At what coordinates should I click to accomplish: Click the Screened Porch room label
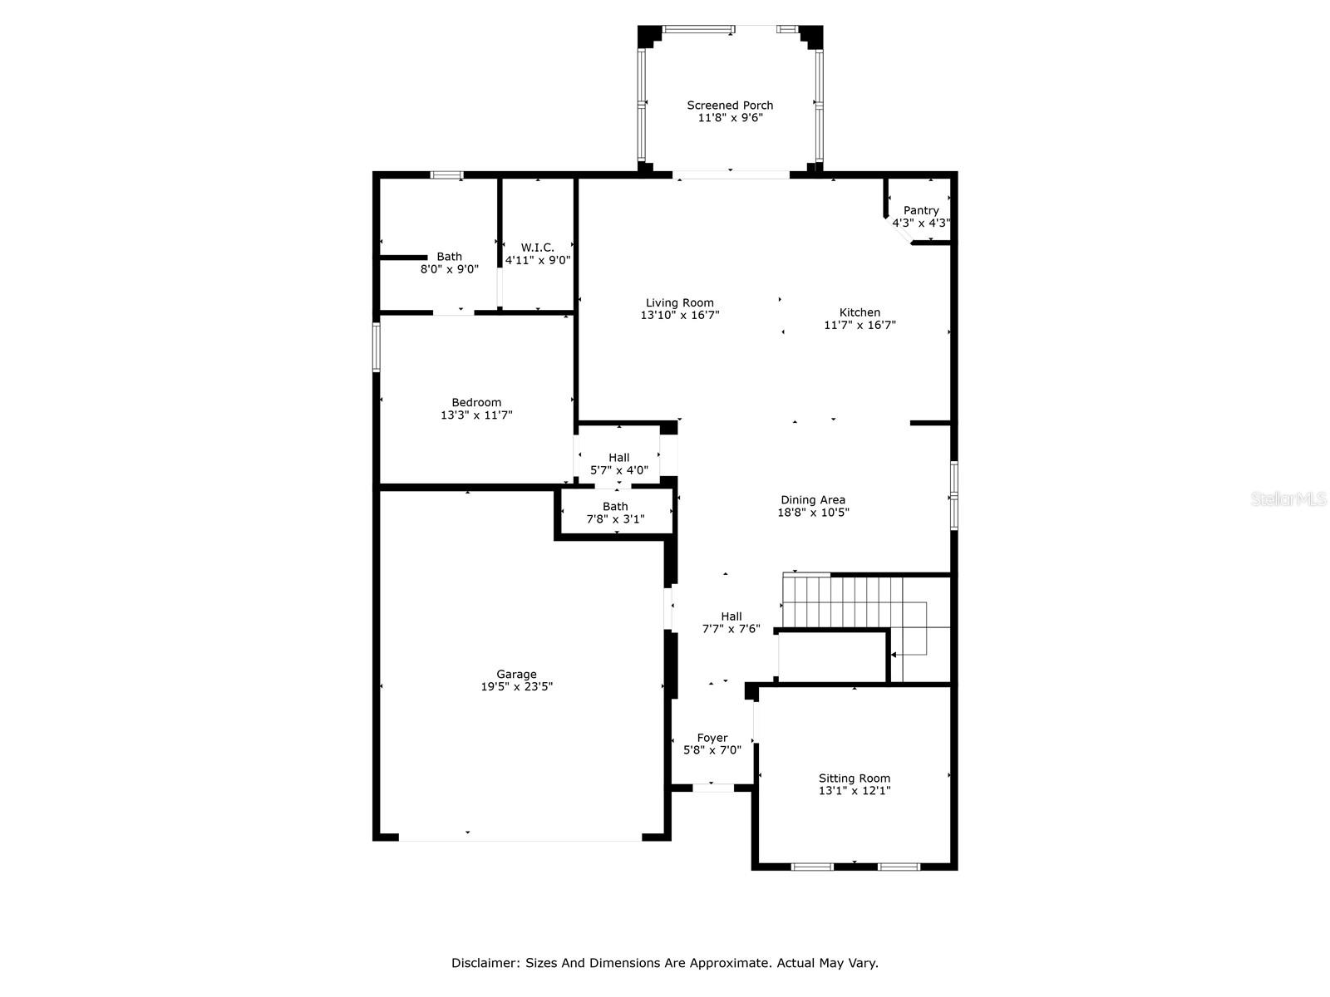click(x=730, y=106)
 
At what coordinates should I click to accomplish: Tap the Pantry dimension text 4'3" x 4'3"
click(x=921, y=223)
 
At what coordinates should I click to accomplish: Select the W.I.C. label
click(x=538, y=248)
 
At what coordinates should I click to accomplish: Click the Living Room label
click(x=680, y=303)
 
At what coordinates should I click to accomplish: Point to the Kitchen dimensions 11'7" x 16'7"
click(x=860, y=326)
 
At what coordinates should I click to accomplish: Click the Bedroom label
click(x=476, y=403)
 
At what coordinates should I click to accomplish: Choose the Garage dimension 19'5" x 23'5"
click(x=516, y=687)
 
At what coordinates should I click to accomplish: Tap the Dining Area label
click(x=813, y=500)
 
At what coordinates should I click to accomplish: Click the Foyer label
click(x=712, y=738)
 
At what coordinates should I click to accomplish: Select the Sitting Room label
click(x=854, y=778)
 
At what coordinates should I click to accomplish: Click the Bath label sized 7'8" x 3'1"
click(x=615, y=507)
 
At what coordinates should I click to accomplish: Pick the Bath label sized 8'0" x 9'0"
click(x=450, y=257)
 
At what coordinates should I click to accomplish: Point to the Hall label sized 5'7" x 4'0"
click(x=618, y=458)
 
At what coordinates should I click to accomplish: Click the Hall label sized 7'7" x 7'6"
click(x=731, y=616)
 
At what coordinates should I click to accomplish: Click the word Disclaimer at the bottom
click(x=485, y=963)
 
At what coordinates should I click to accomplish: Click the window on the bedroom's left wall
click(x=377, y=346)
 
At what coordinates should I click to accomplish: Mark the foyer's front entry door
click(x=713, y=787)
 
